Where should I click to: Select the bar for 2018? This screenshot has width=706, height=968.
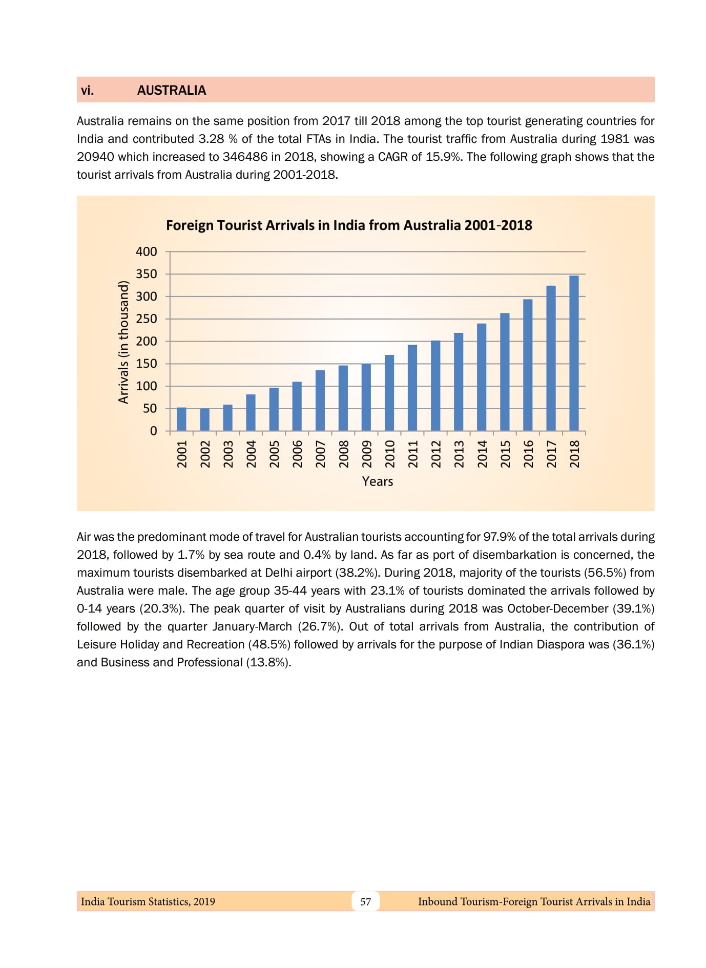(574, 353)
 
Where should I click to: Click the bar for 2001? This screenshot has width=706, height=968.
(181, 419)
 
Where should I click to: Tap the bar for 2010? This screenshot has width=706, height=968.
(389, 393)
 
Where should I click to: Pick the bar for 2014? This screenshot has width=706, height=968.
(482, 377)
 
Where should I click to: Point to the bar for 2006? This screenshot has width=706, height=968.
(297, 406)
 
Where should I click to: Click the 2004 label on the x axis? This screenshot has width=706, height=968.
(251, 454)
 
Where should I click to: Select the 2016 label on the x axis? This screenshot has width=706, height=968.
(528, 454)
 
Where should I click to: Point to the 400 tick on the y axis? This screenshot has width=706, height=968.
(147, 251)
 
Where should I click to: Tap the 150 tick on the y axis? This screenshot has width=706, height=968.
(147, 364)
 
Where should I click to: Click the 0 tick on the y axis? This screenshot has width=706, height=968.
(153, 431)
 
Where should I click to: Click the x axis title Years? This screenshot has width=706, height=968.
(378, 481)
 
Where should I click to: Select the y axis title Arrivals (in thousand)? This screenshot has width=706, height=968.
(123, 342)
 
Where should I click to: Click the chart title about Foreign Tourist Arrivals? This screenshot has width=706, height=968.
(349, 225)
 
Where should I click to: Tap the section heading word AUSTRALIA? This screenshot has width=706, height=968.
(172, 90)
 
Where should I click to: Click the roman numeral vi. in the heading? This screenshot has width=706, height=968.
(88, 90)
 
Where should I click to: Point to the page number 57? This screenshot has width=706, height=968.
(365, 901)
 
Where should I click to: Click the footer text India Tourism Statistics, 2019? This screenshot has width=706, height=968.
(148, 901)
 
